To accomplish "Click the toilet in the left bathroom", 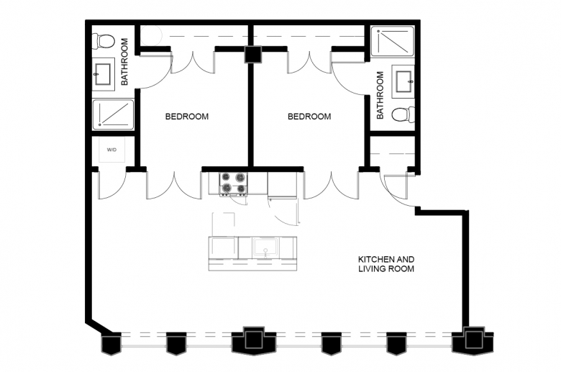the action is click(x=103, y=41).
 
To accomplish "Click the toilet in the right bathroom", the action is click(x=403, y=114).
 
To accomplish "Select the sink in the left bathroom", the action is click(x=103, y=74).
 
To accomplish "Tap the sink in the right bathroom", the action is click(x=403, y=81).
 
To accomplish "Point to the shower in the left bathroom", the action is click(x=113, y=114).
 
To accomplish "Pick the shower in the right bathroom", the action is click(x=393, y=42).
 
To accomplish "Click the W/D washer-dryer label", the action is click(x=111, y=150).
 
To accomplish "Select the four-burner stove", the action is click(x=234, y=183).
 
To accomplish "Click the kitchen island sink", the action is click(x=265, y=248).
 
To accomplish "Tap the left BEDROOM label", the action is click(x=187, y=117).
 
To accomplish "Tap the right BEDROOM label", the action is click(x=309, y=117).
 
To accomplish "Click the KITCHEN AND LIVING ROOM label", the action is click(x=386, y=264).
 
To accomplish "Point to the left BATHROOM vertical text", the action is click(x=124, y=62).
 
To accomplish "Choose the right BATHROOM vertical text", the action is click(x=380, y=95).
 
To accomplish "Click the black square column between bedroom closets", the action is click(x=253, y=55).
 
